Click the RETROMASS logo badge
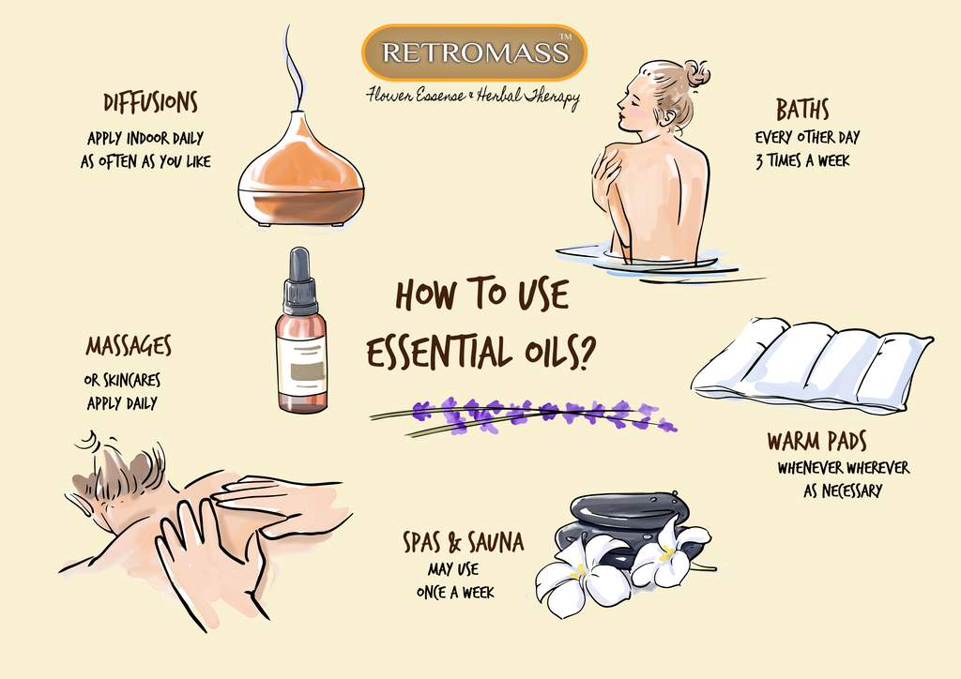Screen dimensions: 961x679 tap(474, 53)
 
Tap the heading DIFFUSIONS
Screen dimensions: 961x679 tap(150, 103)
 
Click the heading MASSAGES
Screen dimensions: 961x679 tap(129, 346)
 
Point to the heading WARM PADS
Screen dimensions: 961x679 tap(817, 441)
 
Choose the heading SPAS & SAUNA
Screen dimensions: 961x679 tap(464, 542)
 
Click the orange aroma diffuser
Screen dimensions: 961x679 tap(301, 170)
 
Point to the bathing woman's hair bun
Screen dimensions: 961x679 tap(697, 74)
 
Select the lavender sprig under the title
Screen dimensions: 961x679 tap(524, 415)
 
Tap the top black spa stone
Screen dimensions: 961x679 tap(628, 509)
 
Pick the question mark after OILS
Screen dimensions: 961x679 tap(586, 352)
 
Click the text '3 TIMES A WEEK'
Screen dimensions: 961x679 tap(802, 160)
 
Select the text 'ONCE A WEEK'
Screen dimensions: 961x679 tap(455, 592)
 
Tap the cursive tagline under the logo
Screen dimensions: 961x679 tap(473, 97)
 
